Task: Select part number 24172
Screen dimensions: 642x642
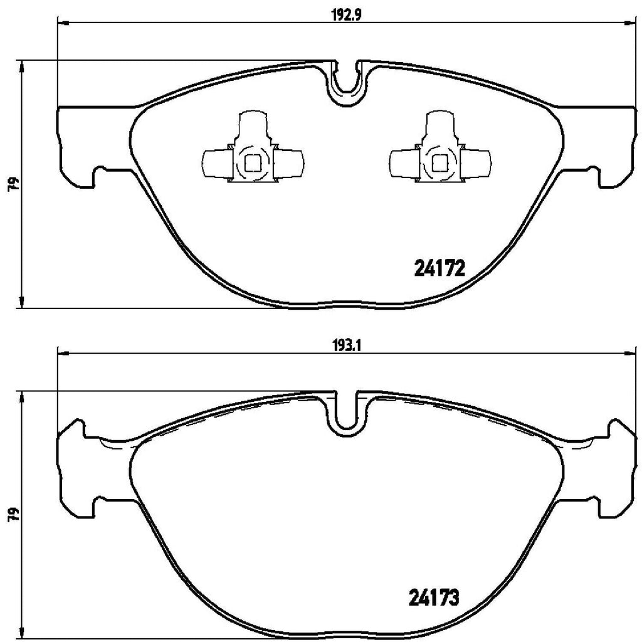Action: (x=439, y=270)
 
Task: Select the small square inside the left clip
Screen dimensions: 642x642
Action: (x=252, y=163)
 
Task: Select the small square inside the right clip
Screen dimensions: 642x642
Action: (x=439, y=163)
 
